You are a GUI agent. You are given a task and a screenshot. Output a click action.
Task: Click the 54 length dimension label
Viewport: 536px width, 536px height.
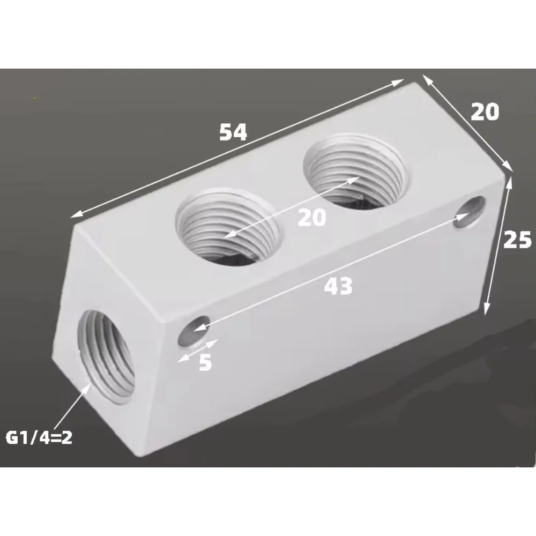tap(233, 132)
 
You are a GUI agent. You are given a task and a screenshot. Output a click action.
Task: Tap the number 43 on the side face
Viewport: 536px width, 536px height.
tap(338, 286)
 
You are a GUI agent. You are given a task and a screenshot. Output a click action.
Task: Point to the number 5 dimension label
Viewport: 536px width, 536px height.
tap(205, 363)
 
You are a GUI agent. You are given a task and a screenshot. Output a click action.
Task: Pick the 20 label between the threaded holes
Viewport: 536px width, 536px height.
tap(311, 218)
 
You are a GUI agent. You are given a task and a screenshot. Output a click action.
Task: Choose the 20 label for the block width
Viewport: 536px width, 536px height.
tap(485, 111)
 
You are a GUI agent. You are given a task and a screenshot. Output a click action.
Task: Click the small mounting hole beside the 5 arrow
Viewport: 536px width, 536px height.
tap(194, 330)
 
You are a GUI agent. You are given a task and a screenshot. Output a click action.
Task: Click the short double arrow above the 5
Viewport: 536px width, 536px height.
tap(198, 349)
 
